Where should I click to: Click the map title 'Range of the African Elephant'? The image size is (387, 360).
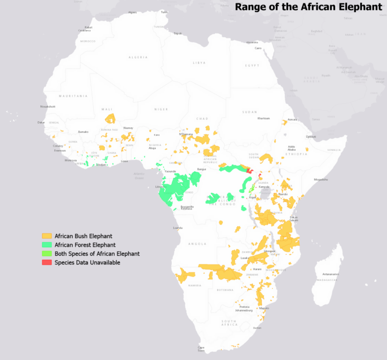pos(308,7)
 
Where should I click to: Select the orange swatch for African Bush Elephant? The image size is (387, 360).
pos(47,236)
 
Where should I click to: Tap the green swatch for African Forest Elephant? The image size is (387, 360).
pos(47,245)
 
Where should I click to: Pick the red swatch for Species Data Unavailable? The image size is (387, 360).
pos(47,262)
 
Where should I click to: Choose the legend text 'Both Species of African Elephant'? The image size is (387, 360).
pos(97,254)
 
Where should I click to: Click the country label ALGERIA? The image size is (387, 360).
pos(138,57)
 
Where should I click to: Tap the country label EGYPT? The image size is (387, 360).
pos(252,65)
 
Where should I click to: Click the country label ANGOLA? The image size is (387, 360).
pos(198,244)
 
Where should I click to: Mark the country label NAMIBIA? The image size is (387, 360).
pos(195,285)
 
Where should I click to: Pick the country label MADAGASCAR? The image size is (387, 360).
pos(327,280)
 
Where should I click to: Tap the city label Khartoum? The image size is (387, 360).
pos(264,118)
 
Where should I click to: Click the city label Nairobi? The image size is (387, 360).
pos(283,194)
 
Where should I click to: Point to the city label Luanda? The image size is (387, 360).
pos(177,228)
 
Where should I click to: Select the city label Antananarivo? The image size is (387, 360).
pos(328,274)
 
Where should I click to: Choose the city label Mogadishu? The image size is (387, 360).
pos(320,179)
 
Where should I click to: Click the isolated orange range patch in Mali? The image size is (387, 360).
pos(110,119)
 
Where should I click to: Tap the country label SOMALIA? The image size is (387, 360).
pos(334,150)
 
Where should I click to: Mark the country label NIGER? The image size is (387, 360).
pos(161,109)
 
